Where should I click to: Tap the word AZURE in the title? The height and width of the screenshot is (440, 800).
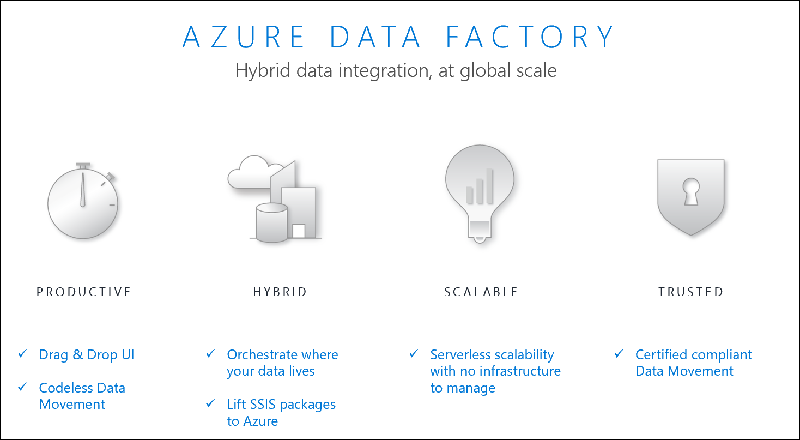[243, 37]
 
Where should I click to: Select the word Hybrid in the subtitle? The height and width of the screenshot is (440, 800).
[263, 70]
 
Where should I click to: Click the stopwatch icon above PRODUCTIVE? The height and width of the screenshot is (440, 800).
[83, 201]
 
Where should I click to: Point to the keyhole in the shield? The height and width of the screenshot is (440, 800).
[690, 191]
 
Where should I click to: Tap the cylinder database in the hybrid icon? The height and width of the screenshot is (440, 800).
[271, 222]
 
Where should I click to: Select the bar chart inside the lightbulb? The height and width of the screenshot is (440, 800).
[480, 186]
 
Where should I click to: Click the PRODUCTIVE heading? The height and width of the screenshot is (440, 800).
[84, 292]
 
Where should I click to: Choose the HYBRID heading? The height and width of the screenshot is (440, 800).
[280, 292]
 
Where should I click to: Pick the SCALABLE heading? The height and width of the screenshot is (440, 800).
[481, 292]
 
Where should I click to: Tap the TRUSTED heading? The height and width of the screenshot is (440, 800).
[691, 292]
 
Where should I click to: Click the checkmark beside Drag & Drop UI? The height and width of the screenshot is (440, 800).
[22, 354]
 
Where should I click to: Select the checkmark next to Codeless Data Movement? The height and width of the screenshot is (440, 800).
[22, 387]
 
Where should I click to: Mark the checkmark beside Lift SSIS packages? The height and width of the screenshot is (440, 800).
[210, 403]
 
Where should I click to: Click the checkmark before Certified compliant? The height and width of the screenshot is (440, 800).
[619, 354]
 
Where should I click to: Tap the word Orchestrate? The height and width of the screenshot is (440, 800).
[262, 354]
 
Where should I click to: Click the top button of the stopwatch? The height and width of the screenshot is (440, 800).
[82, 166]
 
